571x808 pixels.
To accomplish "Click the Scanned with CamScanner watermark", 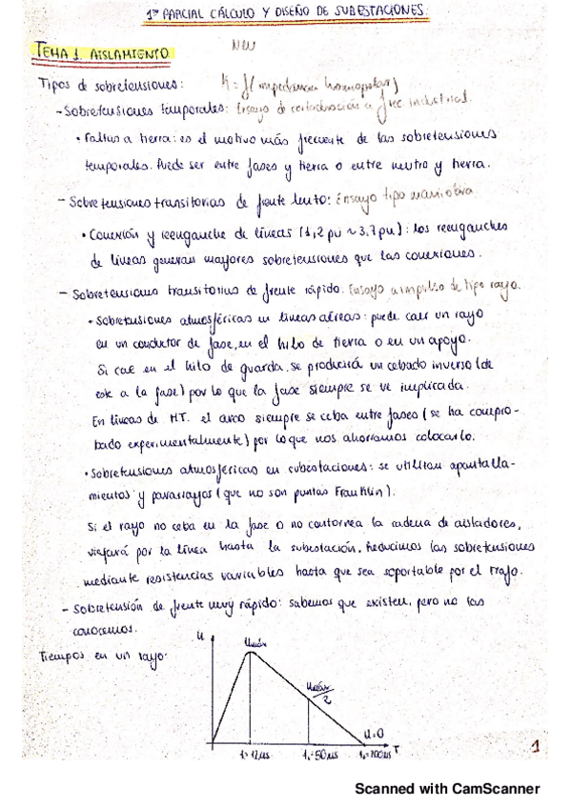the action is pyautogui.click(x=447, y=788).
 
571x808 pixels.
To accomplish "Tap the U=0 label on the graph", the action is pyautogui.click(x=379, y=734).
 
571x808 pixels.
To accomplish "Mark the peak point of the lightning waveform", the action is pyautogui.click(x=251, y=656).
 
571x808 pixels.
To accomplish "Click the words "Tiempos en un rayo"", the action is pyautogui.click(x=92, y=656).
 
